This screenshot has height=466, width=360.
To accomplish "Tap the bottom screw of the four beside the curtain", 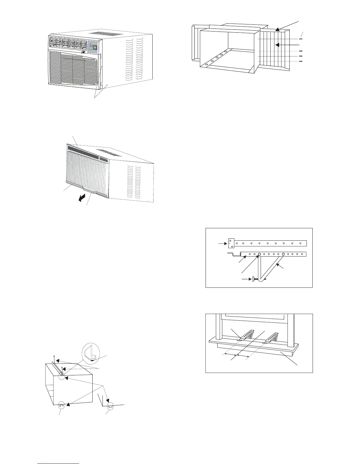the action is point(300,61).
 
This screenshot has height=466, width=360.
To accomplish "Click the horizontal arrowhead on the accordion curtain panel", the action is point(276,45).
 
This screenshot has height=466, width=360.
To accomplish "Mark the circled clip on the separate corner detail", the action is point(111,407).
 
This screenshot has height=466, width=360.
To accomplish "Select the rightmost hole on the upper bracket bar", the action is point(301,243).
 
